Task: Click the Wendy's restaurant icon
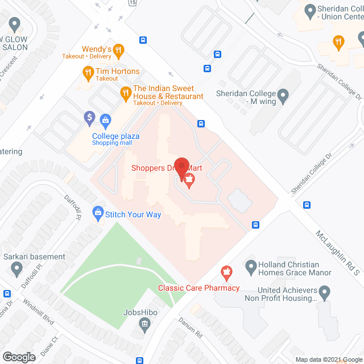tap(118, 49)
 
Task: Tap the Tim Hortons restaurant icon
tap(88, 72)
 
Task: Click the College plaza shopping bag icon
tap(105, 119)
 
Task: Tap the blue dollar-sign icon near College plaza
tap(89, 118)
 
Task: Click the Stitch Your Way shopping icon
tap(97, 214)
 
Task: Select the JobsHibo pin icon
tap(144, 325)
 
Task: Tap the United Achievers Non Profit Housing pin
tap(324, 293)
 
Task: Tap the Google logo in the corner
tap(18, 357)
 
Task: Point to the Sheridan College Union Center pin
tap(310, 10)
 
